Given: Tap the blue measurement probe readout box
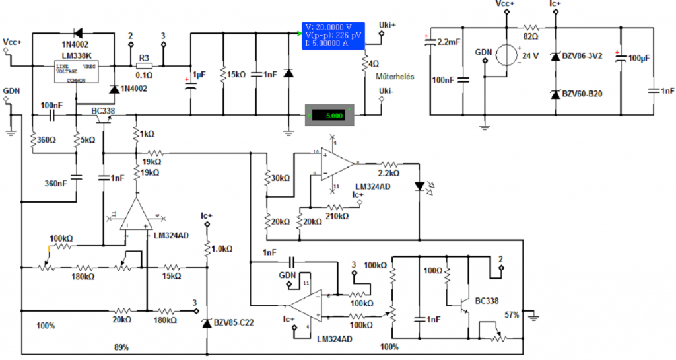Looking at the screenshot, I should coord(332,35).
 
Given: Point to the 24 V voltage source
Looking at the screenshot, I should coord(508,55).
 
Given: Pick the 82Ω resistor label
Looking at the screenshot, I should coord(530,18).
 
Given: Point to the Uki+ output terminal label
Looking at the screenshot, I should coord(388,25).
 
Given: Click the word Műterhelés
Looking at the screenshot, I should coord(394,77).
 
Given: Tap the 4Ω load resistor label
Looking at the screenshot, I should coord(374,63).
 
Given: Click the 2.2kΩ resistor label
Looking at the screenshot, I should coord(388,173).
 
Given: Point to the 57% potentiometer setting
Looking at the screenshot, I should coord(512,314).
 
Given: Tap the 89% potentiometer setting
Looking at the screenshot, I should coord(121,347).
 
